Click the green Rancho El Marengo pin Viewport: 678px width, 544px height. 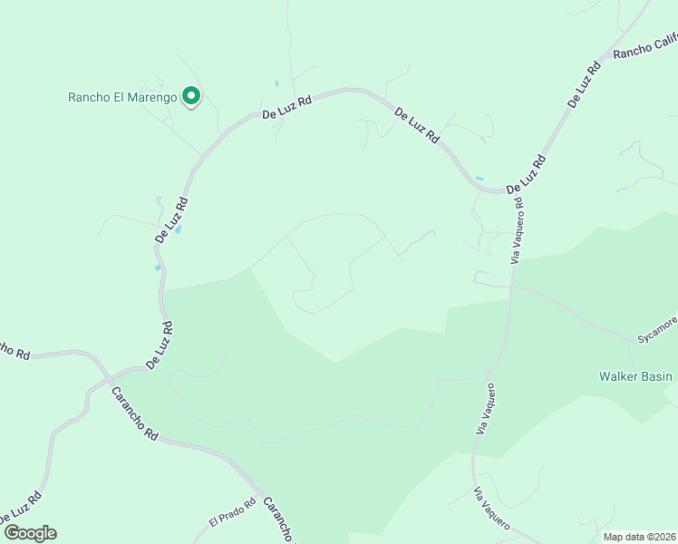[x=191, y=95]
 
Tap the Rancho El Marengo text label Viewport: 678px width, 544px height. [x=122, y=97]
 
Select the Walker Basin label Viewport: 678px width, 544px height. [x=635, y=376]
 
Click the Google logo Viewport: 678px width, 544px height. [x=29, y=533]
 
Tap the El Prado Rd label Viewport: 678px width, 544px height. [x=227, y=520]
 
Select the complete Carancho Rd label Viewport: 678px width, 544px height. [x=135, y=413]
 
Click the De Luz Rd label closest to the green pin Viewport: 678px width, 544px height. [x=286, y=107]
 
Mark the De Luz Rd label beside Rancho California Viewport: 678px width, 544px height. [x=586, y=84]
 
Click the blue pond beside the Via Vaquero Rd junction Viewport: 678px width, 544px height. [x=479, y=178]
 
